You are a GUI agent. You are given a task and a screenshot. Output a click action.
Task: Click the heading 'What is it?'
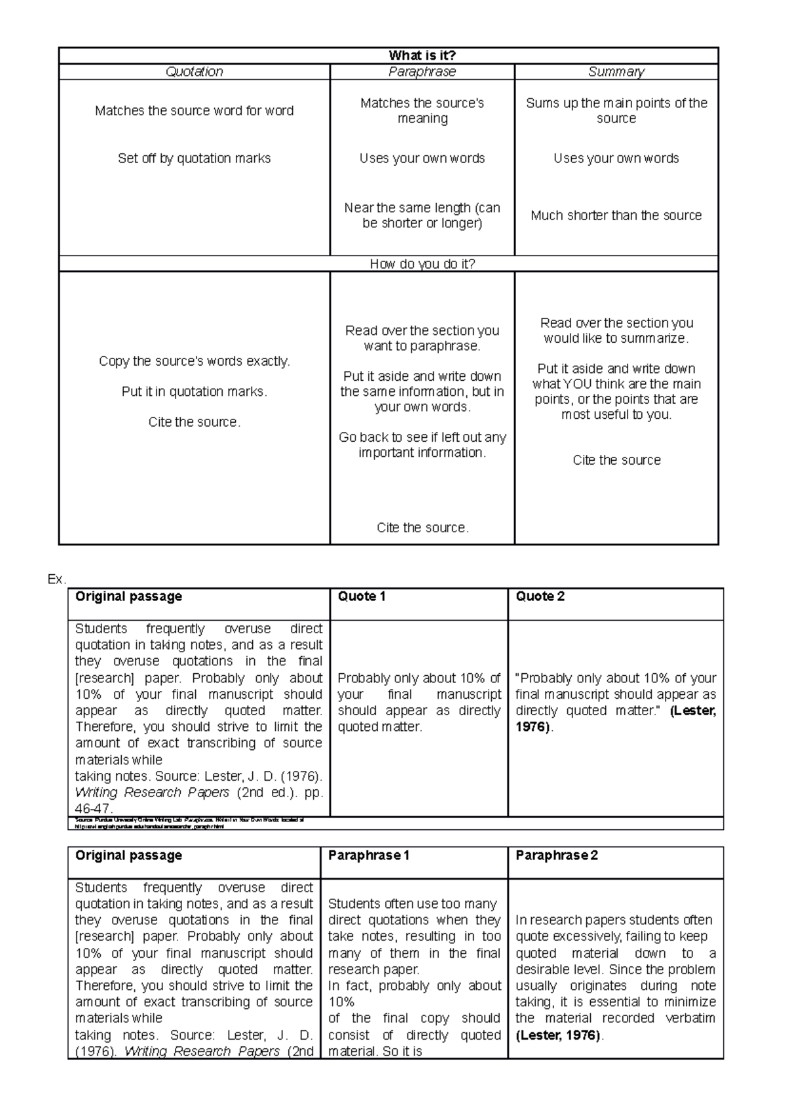tap(422, 56)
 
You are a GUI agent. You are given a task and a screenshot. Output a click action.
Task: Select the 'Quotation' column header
tap(194, 72)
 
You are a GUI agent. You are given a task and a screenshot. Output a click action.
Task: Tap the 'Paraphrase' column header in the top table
tap(422, 72)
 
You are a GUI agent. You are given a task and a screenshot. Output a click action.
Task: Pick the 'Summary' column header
tap(616, 72)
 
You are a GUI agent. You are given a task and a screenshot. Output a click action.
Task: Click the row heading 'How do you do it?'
tap(422, 264)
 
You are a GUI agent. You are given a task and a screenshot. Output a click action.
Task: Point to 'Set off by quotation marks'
tap(194, 159)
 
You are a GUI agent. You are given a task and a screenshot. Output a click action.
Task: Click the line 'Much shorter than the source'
tap(616, 216)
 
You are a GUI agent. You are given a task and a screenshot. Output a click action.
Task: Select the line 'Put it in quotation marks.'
tap(194, 392)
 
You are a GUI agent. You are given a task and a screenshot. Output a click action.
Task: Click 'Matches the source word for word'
tap(194, 111)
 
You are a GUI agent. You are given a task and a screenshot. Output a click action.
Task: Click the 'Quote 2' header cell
tap(540, 596)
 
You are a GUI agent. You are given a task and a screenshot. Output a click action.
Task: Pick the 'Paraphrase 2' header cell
tap(556, 855)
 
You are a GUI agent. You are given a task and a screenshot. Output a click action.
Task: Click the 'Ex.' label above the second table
tap(56, 579)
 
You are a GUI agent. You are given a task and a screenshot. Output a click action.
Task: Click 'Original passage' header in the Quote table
tap(128, 596)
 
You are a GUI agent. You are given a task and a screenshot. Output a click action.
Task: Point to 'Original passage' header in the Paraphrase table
tap(128, 855)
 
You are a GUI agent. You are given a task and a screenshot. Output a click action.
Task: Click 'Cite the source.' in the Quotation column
tap(194, 422)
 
